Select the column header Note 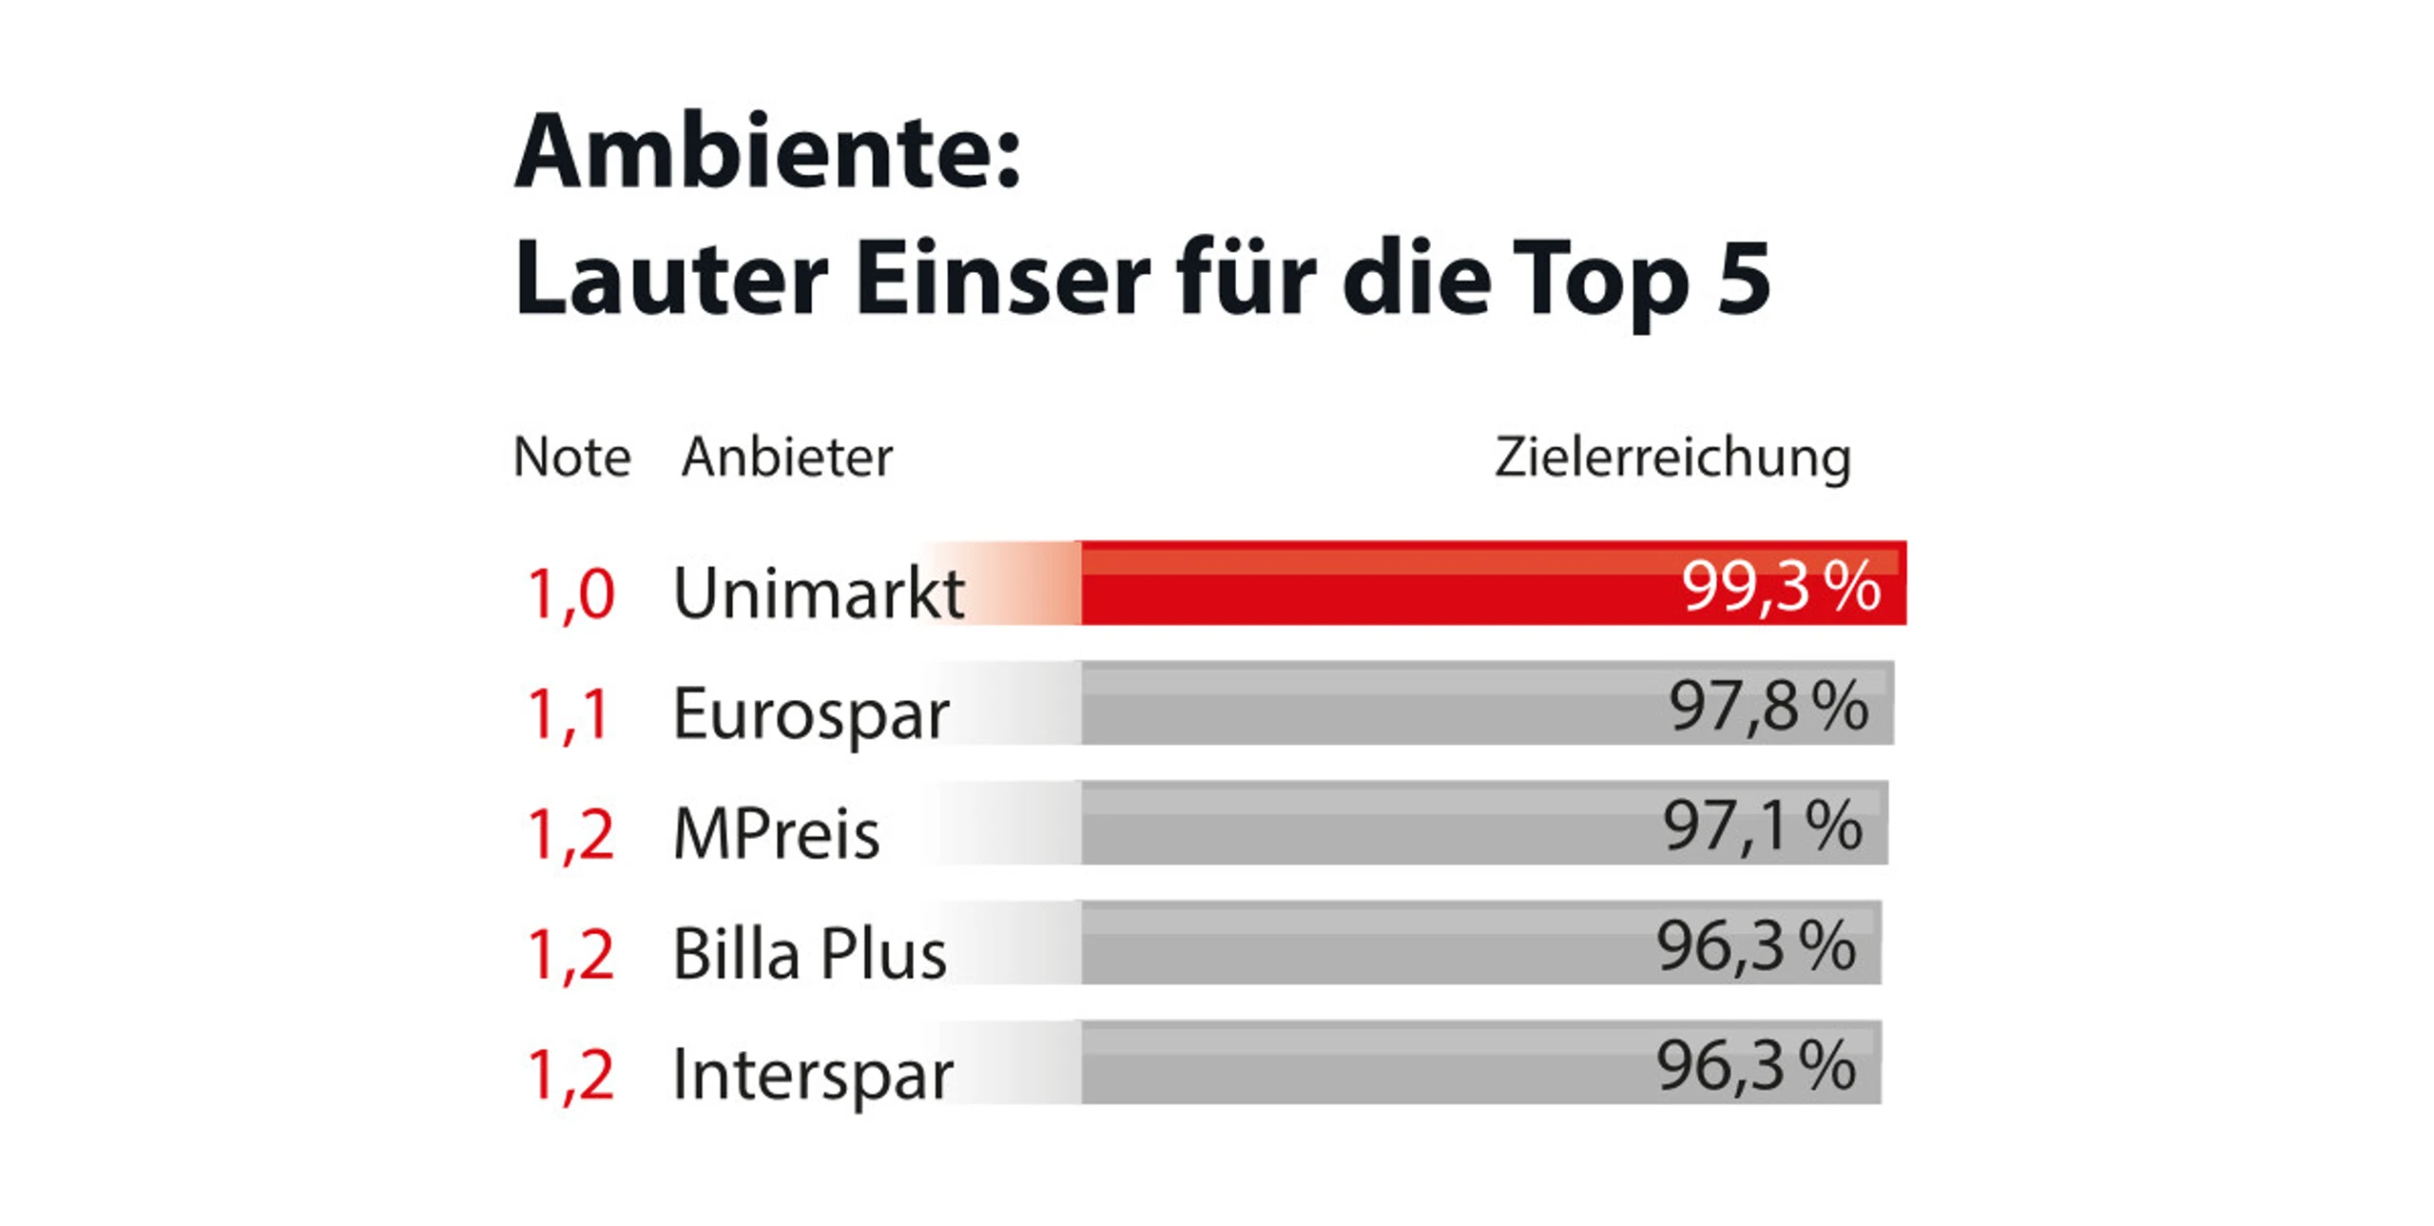[571, 457]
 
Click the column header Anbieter [787, 457]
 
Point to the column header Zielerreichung [1672, 459]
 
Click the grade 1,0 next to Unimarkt [570, 594]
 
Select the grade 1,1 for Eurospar [568, 713]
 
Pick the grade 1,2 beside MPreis [570, 833]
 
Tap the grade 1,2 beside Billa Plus [570, 953]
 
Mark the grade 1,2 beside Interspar [570, 1073]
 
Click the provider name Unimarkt [819, 594]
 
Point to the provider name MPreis [776, 833]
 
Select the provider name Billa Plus [809, 953]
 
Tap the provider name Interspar [812, 1075]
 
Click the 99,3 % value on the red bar [1781, 586]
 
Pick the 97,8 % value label [1768, 707]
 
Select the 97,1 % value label [1762, 826]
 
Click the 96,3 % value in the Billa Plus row [1756, 946]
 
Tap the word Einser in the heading [1003, 279]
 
